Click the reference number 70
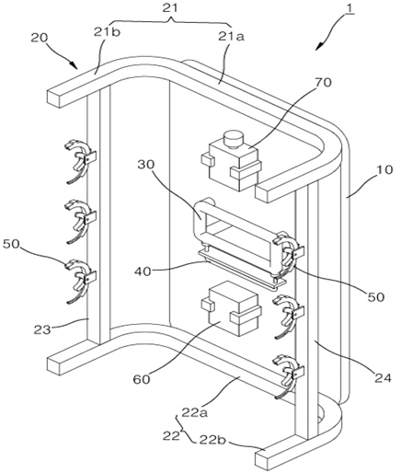(323, 83)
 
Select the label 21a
(232, 37)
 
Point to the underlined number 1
(349, 8)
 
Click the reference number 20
(40, 38)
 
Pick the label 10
(384, 169)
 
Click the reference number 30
(146, 165)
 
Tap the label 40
(143, 271)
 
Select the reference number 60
(142, 379)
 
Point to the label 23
(42, 330)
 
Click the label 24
(383, 378)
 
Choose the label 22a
(195, 412)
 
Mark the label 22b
(213, 440)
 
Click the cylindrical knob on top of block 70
(234, 140)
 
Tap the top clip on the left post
(81, 162)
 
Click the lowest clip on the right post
(289, 376)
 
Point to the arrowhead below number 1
(318, 47)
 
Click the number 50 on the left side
(12, 244)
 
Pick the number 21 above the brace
(170, 7)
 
